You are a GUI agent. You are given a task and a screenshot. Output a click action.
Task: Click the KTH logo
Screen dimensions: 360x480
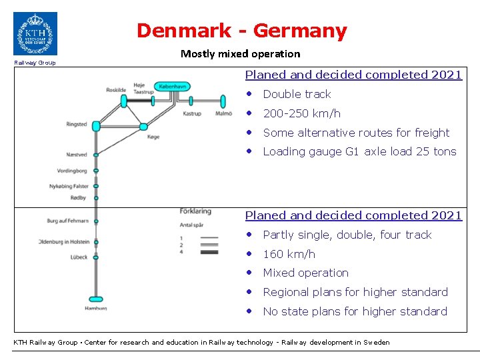[35, 33]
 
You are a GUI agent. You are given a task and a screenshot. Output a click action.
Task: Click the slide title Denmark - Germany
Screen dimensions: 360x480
[241, 31]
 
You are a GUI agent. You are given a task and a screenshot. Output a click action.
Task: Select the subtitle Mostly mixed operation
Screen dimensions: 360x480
[240, 53]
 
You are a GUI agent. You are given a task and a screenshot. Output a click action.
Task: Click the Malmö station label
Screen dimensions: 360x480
[224, 114]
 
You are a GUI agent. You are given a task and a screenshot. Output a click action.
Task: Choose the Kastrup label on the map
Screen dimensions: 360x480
[191, 114]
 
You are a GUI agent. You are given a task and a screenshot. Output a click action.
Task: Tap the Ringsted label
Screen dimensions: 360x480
[77, 125]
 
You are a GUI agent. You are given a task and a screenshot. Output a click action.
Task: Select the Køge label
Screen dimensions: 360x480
[153, 137]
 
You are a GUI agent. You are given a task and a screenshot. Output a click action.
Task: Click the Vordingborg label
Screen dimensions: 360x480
[72, 171]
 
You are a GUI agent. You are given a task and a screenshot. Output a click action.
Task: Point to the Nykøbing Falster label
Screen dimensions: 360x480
[69, 187]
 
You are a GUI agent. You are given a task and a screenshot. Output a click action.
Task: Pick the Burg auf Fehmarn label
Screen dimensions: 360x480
[67, 221]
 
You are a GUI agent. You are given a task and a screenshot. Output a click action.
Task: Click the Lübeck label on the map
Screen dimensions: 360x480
[78, 257]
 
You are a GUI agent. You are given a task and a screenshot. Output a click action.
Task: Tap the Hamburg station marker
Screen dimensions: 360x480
[96, 299]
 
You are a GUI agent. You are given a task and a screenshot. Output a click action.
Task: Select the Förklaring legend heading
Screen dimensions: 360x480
[195, 211]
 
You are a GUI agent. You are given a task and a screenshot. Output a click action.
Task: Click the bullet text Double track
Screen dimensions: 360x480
[297, 94]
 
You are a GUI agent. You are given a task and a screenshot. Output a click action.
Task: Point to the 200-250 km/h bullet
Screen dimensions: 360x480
[301, 113]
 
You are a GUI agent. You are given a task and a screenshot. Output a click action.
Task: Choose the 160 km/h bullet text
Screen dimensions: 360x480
[289, 254]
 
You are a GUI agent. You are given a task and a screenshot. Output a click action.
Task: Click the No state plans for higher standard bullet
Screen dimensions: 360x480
[355, 311]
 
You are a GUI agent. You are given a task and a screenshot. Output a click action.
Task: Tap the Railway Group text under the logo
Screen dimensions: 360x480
[35, 63]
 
